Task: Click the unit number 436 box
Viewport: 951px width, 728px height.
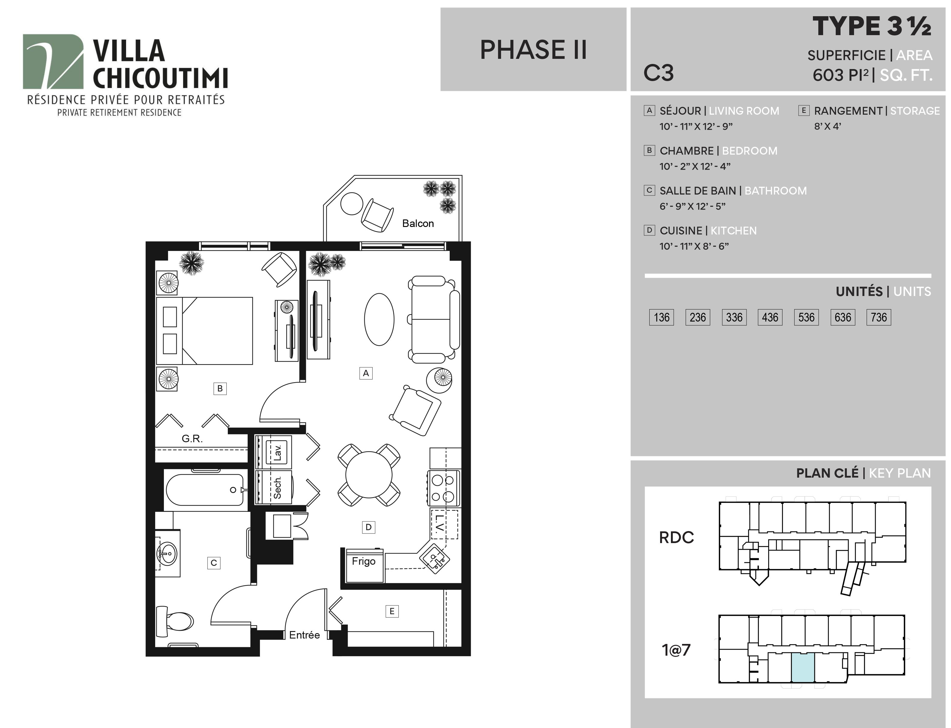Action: tap(770, 317)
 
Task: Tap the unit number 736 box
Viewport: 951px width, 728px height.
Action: tap(879, 317)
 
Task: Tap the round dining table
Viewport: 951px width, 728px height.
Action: tap(369, 475)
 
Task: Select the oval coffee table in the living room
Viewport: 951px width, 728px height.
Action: tap(379, 319)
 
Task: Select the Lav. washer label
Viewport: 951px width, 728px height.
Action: tap(278, 452)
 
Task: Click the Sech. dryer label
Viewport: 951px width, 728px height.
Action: tap(278, 488)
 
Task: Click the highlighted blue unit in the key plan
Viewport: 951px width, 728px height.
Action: tap(803, 668)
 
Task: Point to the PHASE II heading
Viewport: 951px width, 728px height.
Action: tap(533, 50)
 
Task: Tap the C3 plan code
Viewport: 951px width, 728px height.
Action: tap(659, 73)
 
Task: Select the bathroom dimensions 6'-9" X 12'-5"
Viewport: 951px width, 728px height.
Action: tap(692, 206)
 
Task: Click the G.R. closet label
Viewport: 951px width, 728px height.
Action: tap(192, 439)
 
